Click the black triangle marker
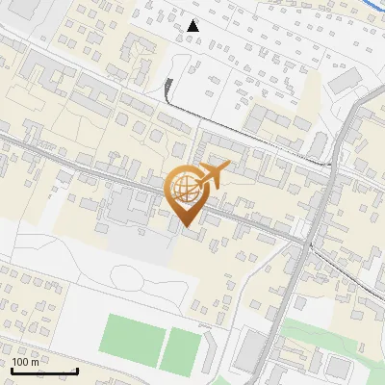click(x=193, y=26)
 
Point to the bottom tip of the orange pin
click(x=187, y=227)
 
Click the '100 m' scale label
click(x=26, y=361)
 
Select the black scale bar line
click(x=43, y=371)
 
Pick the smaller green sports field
click(x=180, y=350)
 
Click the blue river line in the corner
click(x=371, y=8)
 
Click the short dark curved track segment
click(x=169, y=90)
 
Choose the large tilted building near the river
click(x=345, y=81)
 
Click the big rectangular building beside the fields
click(x=249, y=351)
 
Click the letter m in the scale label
click(x=37, y=361)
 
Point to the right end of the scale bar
click(x=77, y=371)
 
